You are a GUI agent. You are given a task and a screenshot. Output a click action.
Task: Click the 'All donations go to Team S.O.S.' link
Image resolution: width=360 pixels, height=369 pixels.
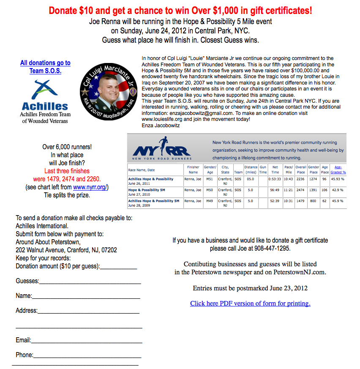click(45, 67)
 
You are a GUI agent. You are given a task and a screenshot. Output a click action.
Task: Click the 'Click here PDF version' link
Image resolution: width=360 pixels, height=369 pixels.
click(250, 303)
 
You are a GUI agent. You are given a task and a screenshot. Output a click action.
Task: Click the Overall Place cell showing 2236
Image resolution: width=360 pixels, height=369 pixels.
click(300, 179)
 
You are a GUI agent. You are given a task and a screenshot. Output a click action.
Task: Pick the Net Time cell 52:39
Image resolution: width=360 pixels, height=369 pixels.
click(275, 201)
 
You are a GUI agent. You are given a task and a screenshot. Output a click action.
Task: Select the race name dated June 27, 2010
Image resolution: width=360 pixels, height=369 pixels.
click(147, 190)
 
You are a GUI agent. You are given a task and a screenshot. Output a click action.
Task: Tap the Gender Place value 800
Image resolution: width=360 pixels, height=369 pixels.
click(313, 201)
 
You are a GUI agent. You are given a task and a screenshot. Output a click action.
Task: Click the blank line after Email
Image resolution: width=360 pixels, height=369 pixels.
click(86, 341)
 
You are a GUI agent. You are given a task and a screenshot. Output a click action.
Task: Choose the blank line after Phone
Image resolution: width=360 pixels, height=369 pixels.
click(88, 355)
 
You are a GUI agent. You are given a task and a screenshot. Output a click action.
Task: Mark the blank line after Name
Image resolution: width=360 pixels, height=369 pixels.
click(86, 296)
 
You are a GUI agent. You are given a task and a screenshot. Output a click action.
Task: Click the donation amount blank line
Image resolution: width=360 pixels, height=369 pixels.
click(119, 267)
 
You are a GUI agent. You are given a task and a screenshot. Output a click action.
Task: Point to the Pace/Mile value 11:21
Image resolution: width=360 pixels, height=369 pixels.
click(288, 190)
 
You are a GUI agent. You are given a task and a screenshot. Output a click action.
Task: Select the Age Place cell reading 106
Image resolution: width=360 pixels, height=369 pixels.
click(325, 190)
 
